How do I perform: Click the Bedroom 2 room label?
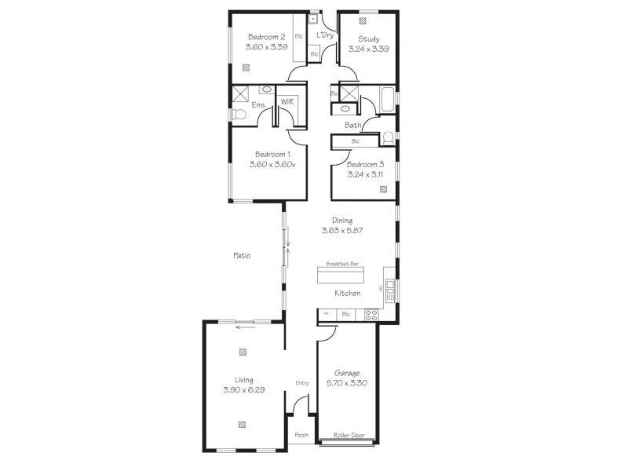coord(267,37)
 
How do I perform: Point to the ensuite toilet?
coord(239,115)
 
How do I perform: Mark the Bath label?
coord(352,126)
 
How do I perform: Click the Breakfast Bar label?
coord(342,265)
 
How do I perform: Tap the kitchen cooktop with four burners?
coord(371,315)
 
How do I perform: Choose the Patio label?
coord(242,255)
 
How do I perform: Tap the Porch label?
coord(301,435)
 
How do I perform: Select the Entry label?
coord(301,383)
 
